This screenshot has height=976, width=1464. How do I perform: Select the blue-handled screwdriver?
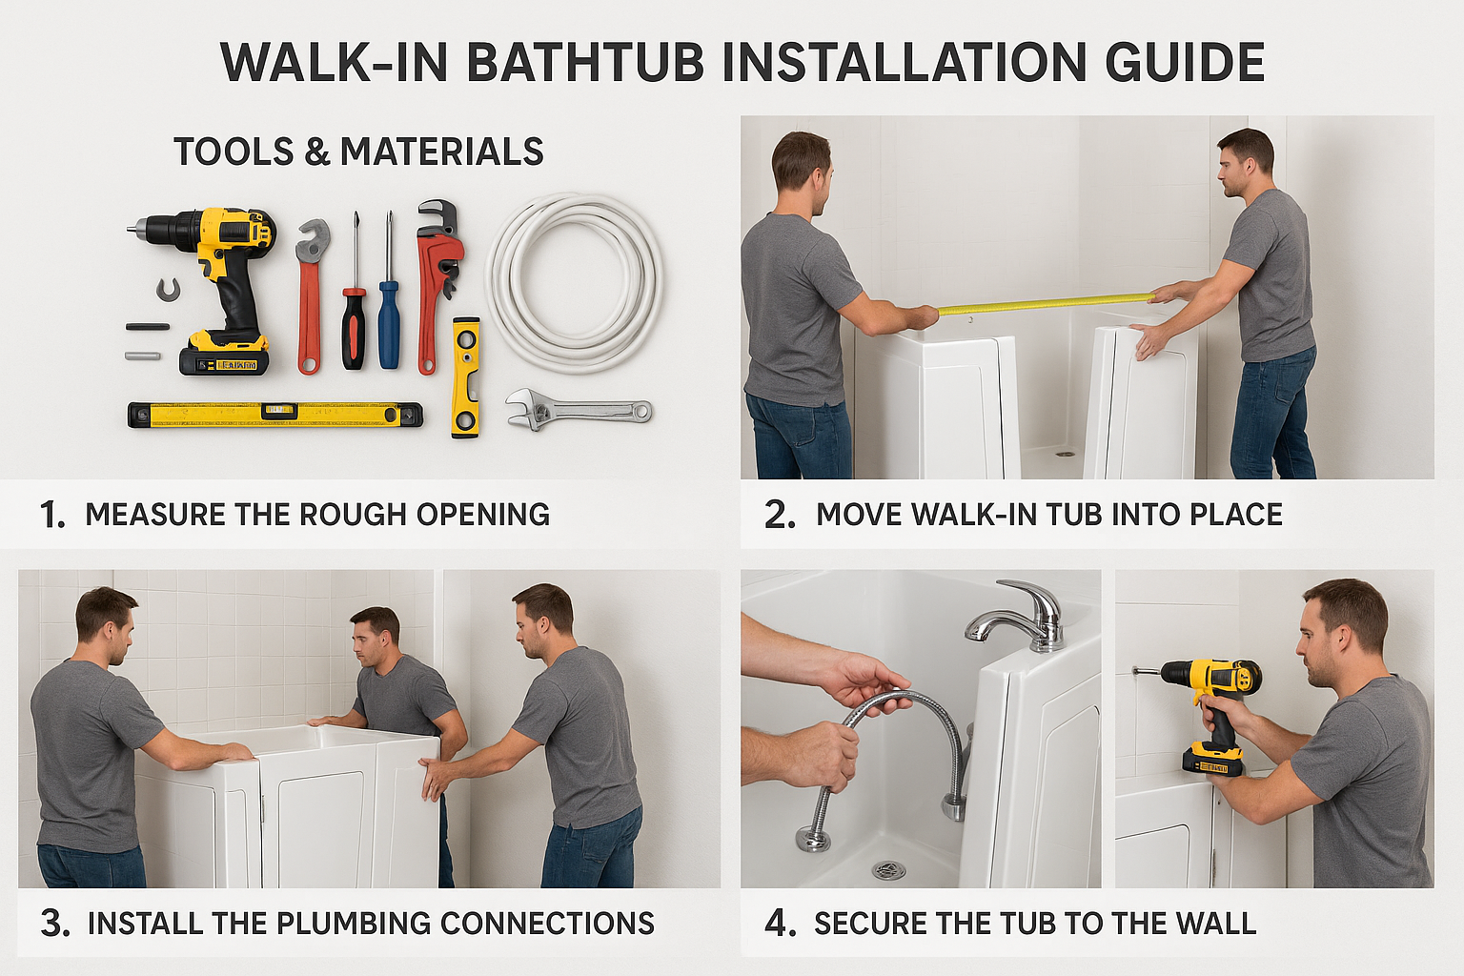(x=389, y=295)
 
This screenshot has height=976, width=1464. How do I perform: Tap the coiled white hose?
(x=575, y=281)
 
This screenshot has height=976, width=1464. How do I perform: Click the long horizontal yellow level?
(x=275, y=415)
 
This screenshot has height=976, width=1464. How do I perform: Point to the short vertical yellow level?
(x=465, y=377)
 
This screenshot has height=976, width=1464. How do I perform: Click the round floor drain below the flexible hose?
(x=889, y=869)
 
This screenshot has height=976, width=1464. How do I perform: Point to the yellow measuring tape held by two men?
(x=1046, y=303)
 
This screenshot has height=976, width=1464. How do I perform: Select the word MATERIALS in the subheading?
(x=442, y=152)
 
